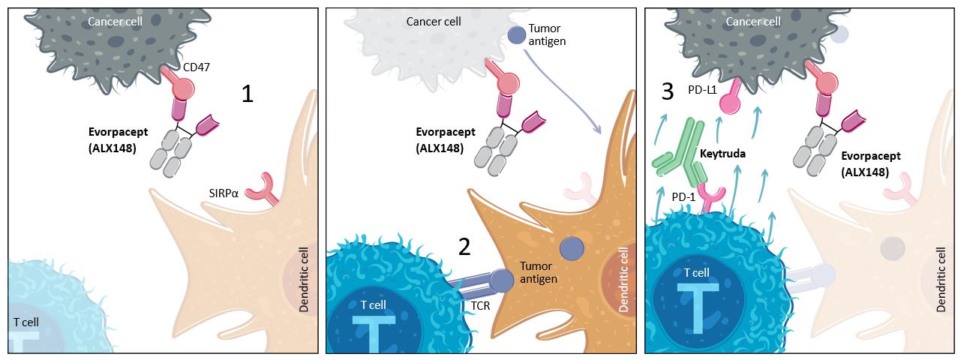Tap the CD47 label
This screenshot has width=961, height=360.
(x=196, y=67)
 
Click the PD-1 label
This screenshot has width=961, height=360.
(x=684, y=196)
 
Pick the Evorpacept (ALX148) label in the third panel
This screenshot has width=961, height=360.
(x=870, y=163)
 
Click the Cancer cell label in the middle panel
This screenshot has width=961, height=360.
(x=434, y=21)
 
